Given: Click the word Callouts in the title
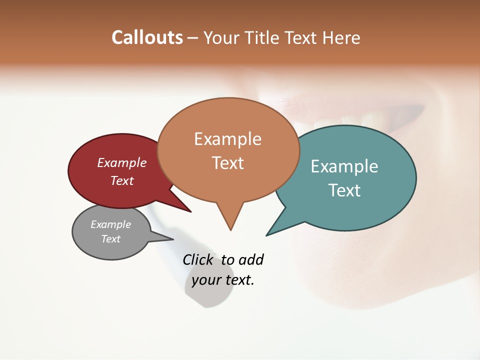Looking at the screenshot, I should click(x=147, y=37).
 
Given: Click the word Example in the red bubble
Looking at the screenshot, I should click(x=122, y=162).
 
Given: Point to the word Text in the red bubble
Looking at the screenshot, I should click(x=122, y=180).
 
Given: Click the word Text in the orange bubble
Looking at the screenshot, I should click(x=228, y=162).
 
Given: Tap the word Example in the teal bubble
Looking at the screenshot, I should click(x=344, y=166).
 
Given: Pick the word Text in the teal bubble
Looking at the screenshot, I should click(x=344, y=190).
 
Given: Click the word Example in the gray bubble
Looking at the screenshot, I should click(x=110, y=224).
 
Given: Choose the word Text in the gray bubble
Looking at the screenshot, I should click(x=110, y=239).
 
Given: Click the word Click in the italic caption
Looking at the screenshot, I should click(x=198, y=259).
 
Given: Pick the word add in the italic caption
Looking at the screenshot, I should click(x=251, y=259).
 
